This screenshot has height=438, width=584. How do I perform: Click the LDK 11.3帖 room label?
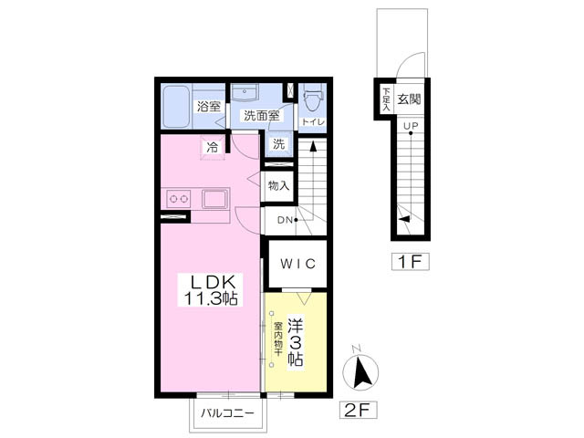211,290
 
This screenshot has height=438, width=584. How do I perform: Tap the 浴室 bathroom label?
209,108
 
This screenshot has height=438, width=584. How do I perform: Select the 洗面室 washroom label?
262,116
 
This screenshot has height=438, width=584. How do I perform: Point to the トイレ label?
313,121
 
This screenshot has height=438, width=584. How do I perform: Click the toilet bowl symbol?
312,98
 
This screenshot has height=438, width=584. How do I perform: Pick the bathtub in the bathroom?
177,106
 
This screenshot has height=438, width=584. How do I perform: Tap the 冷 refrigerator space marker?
213,148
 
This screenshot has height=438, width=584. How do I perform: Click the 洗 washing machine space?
279,144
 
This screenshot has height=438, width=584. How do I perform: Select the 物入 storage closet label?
279,185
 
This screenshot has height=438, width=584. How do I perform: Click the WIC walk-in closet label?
298,264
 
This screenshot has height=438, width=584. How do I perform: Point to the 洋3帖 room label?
295,342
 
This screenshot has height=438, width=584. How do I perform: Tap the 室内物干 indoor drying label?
277,339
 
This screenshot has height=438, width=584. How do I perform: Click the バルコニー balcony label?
227,413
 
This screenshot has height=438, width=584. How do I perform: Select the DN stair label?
285,220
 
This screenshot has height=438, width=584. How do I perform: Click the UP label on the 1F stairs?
411,126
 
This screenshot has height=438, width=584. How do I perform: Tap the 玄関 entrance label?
409,99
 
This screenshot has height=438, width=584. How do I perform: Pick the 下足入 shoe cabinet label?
387,99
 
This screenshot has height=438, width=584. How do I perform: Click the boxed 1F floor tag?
410,262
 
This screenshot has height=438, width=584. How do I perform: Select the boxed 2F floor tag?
358,411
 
